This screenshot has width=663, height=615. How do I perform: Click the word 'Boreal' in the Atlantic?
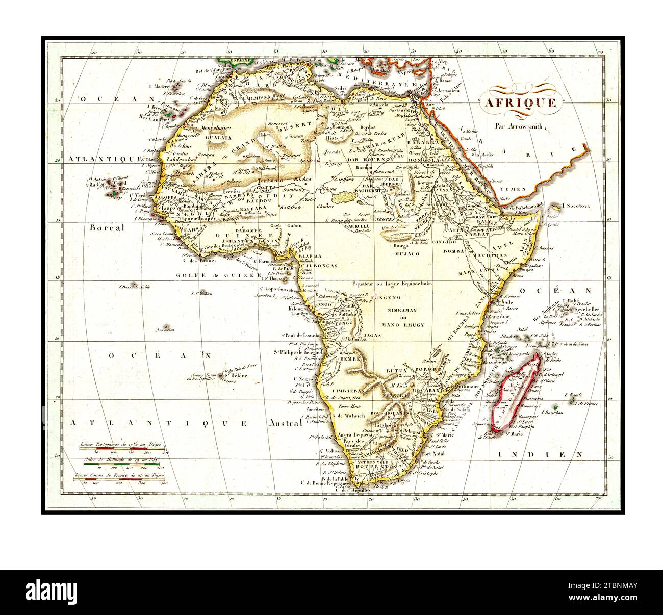107,228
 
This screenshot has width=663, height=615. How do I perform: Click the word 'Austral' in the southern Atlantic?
281,423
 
